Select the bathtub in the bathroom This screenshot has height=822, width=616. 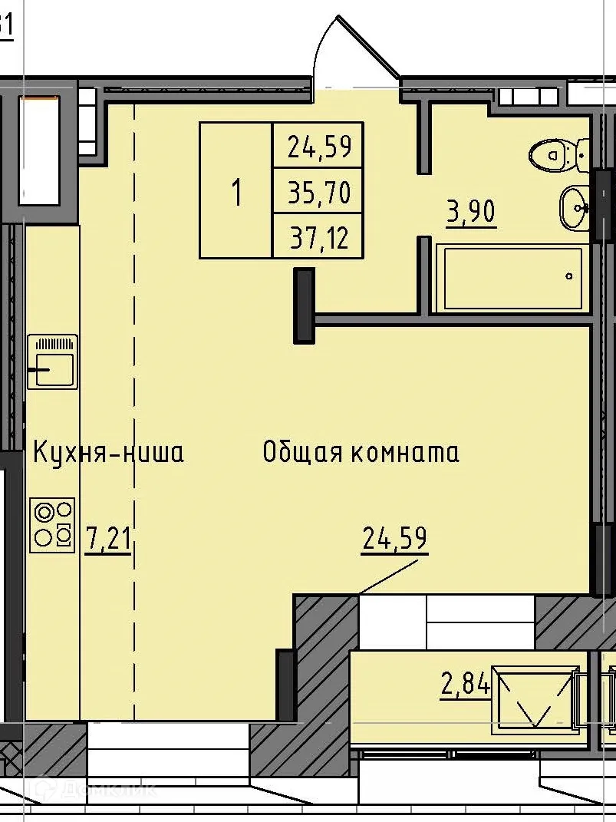click(511, 278)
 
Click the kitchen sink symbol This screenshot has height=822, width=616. click(52, 361)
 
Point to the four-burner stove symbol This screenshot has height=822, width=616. click(52, 525)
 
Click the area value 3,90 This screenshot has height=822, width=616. click(471, 211)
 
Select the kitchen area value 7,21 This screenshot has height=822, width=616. click(108, 539)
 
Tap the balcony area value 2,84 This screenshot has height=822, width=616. click(465, 683)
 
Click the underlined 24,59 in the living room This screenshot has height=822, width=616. click(394, 538)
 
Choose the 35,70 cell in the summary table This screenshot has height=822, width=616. click(318, 192)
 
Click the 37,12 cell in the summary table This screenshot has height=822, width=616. click(318, 238)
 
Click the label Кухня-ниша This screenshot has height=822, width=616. click(108, 453)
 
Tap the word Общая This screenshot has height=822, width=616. click(304, 453)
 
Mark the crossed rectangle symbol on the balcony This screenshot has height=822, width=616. click(535, 698)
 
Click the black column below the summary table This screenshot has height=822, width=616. click(305, 305)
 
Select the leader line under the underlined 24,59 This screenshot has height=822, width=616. click(387, 576)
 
